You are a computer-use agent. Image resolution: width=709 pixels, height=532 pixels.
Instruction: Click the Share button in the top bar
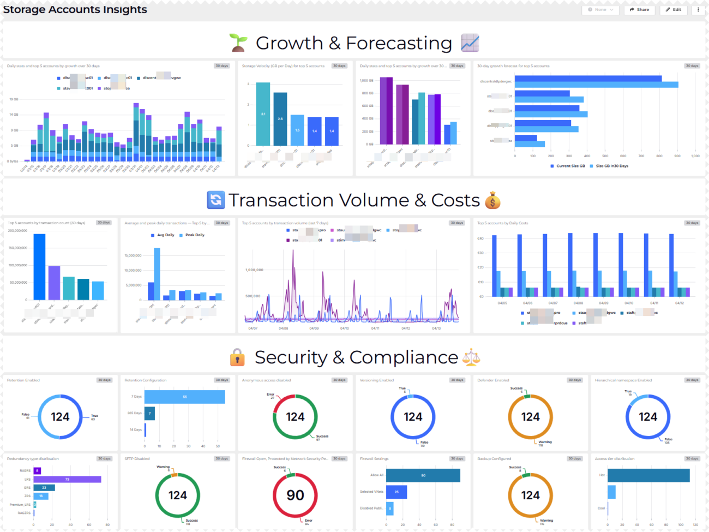coord(639,9)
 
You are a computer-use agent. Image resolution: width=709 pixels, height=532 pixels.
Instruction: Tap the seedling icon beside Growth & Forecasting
coord(238,43)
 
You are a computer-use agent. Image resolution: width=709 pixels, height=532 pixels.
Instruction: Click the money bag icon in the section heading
coord(492,200)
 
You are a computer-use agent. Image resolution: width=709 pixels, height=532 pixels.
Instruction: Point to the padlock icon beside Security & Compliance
coord(237,357)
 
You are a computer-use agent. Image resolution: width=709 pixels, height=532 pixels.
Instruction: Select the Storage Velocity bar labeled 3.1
coord(263,114)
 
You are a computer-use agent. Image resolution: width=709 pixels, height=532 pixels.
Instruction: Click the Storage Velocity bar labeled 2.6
coord(280,118)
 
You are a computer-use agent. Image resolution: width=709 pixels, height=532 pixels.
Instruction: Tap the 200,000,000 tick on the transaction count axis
coord(17,231)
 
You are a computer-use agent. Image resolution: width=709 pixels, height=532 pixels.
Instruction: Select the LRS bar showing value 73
coord(67,479)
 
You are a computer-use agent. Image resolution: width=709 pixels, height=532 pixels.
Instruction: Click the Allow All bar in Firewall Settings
coord(423,475)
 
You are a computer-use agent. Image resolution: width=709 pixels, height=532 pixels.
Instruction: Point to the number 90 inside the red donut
coord(295,495)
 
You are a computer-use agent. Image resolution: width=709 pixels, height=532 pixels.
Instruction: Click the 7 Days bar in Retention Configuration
coord(184,397)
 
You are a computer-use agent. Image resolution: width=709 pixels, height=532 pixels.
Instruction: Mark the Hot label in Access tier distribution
coord(602,475)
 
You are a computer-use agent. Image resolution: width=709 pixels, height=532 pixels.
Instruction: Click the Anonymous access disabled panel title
coord(267,380)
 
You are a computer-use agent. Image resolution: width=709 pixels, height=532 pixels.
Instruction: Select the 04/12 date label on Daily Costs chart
coord(679,303)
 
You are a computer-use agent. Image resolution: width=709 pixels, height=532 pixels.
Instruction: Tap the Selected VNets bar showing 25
coord(396,492)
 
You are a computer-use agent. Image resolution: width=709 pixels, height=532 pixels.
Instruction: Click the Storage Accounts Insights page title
coord(75,9)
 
